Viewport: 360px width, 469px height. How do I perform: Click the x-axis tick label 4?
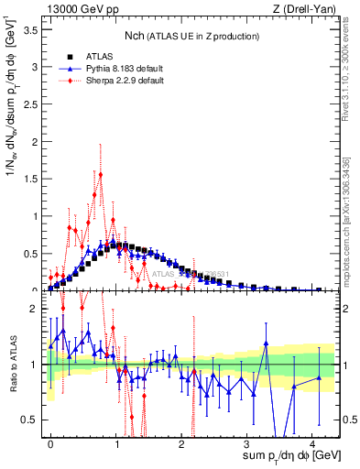pyautogui.click(x=312, y=442)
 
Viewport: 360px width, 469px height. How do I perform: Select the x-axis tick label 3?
pyautogui.click(x=247, y=442)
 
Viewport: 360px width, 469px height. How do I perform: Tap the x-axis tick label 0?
pyautogui.click(x=51, y=442)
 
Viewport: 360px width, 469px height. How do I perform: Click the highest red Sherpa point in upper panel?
pyautogui.click(x=101, y=175)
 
